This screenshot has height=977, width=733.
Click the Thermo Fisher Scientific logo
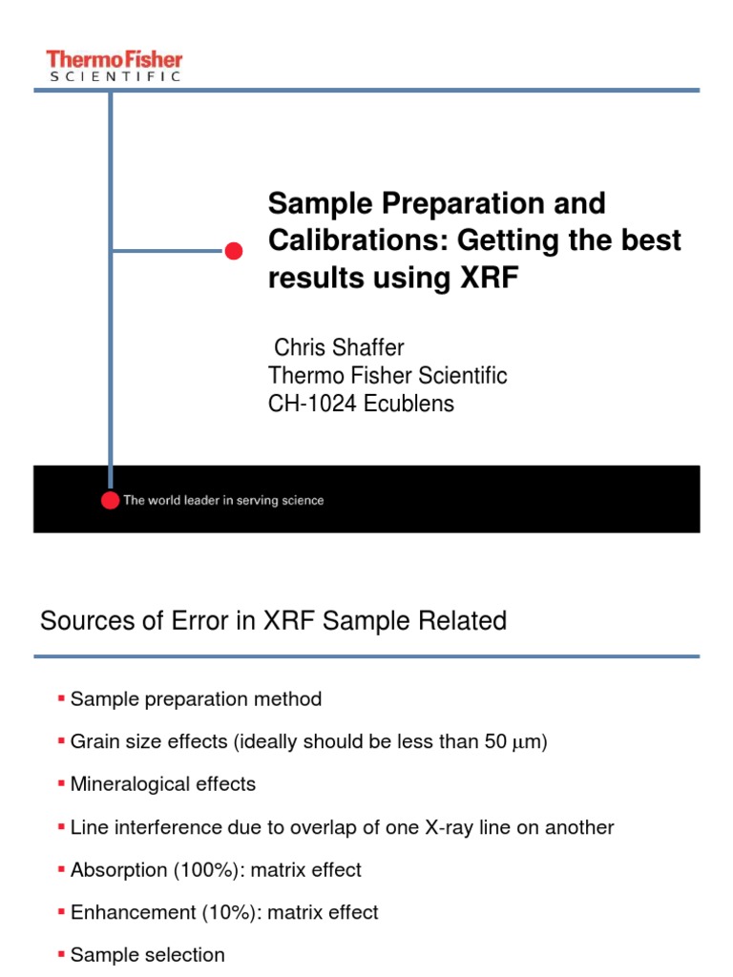(x=114, y=66)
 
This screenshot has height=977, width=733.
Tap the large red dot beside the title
(x=233, y=252)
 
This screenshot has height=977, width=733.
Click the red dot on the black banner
(x=111, y=500)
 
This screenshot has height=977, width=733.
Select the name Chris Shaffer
(x=339, y=348)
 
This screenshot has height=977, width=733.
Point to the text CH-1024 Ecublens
(x=362, y=404)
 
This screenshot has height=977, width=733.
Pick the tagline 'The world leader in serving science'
(x=222, y=500)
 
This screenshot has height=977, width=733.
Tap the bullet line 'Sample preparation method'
(x=196, y=699)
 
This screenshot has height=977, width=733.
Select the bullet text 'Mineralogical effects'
(x=163, y=784)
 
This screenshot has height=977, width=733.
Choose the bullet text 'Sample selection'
(x=148, y=955)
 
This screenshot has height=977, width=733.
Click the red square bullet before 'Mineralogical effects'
(x=62, y=784)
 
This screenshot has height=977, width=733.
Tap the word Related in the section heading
(x=468, y=622)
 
